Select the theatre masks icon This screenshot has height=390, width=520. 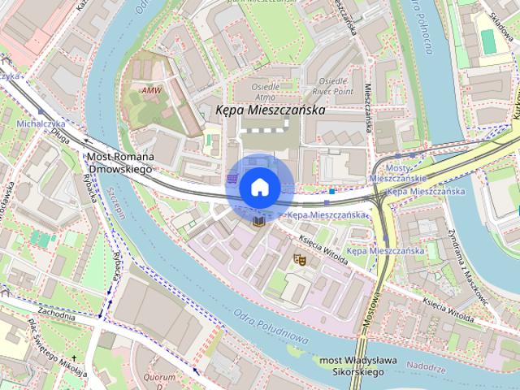(299, 260)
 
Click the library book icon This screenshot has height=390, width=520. (259, 221)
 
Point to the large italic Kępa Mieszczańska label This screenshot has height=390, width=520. (270, 110)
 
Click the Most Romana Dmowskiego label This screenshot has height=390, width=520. (119, 162)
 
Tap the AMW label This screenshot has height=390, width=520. (150, 90)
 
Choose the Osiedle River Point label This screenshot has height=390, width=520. (333, 86)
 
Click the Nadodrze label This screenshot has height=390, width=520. (427, 367)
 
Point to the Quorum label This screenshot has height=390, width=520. (160, 378)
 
